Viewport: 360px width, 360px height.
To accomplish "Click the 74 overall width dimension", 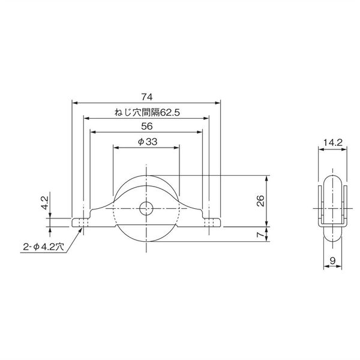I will click(x=146, y=95).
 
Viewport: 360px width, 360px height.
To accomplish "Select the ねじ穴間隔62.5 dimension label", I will click(x=146, y=112).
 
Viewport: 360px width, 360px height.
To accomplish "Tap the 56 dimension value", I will click(x=146, y=127).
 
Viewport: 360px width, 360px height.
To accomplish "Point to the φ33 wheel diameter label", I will click(x=146, y=142).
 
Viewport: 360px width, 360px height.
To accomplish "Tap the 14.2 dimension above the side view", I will click(x=332, y=143).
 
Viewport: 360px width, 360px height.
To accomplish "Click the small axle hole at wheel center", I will click(x=146, y=209).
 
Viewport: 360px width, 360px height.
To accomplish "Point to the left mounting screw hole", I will click(x=83, y=223).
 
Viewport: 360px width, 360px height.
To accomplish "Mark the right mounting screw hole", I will click(x=209, y=223).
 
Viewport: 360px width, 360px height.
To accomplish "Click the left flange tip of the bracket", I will click(x=74, y=223).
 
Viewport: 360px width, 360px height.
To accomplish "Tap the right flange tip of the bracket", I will click(x=220, y=223).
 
